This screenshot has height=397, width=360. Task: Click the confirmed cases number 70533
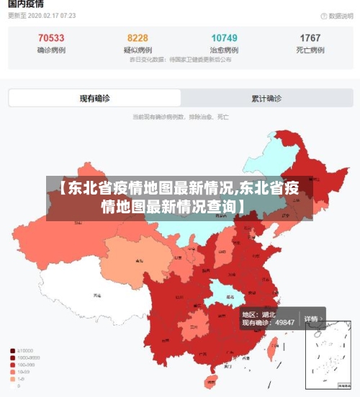(x=51, y=38)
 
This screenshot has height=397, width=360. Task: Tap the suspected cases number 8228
(x=138, y=38)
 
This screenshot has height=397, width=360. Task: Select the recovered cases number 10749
(x=224, y=38)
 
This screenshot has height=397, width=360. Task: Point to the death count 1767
(x=310, y=38)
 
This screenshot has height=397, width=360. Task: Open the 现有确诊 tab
(x=94, y=99)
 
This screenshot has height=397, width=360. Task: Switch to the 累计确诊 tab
(x=266, y=99)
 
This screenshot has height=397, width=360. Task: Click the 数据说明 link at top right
(x=335, y=15)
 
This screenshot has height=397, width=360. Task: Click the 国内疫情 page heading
(x=25, y=4)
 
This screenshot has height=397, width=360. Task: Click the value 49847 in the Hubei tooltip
(x=283, y=323)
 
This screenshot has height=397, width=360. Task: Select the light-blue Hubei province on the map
(x=224, y=293)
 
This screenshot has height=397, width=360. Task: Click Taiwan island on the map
(x=272, y=349)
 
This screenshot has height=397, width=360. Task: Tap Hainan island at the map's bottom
(x=211, y=381)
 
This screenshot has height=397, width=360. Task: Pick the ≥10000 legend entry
(x=26, y=351)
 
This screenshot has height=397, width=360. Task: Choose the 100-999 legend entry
(x=27, y=365)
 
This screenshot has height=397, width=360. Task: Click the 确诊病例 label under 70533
(x=51, y=50)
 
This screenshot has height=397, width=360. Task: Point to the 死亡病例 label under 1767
(x=310, y=50)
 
